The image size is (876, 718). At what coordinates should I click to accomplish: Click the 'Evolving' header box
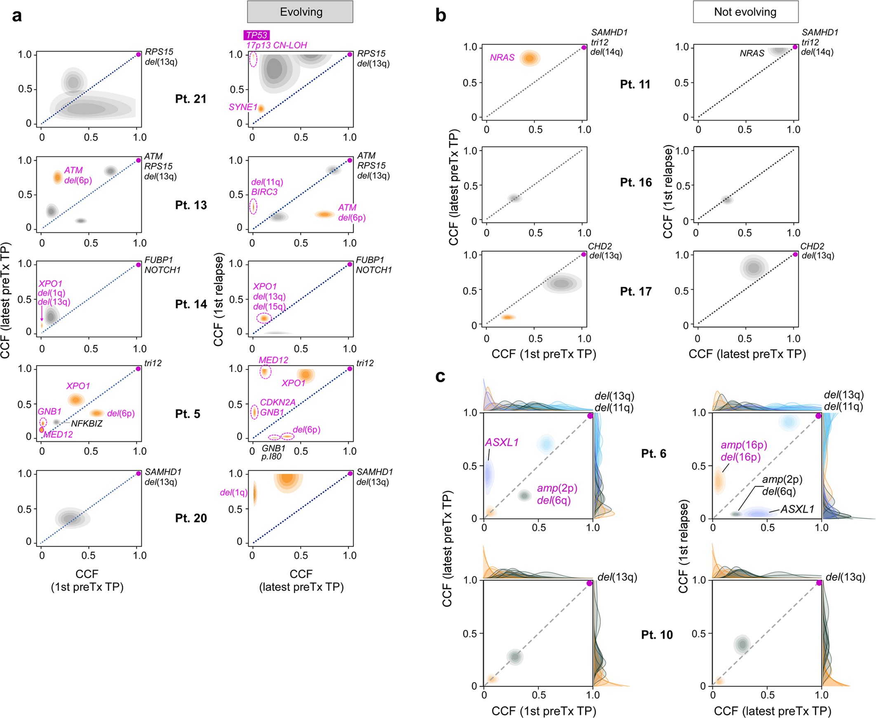point(300,12)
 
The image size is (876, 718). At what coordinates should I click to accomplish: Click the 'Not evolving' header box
point(745,12)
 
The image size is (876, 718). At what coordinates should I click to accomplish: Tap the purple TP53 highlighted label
point(256,35)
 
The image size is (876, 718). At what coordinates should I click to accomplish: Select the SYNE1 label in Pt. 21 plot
point(242,107)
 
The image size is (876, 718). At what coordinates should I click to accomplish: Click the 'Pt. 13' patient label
point(191,205)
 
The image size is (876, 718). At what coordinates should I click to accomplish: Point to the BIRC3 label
point(264,192)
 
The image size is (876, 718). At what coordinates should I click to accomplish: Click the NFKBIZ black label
point(87,424)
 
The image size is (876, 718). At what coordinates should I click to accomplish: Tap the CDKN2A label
point(278,402)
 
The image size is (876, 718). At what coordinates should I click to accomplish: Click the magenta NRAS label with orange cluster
point(502,58)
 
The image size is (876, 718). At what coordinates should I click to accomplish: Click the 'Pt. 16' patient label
point(636,182)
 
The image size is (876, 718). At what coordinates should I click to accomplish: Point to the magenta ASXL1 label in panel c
point(502,442)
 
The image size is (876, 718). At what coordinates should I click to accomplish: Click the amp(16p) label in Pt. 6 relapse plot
point(744,445)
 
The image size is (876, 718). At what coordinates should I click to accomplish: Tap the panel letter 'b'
point(440,16)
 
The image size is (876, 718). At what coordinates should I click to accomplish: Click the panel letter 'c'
point(440,377)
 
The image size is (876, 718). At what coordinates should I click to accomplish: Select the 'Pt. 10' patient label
point(657,634)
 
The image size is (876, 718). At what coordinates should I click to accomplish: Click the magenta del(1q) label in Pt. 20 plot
point(233,493)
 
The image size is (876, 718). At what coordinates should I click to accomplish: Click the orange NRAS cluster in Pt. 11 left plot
point(529,58)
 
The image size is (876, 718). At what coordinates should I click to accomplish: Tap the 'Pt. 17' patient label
point(636,292)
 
